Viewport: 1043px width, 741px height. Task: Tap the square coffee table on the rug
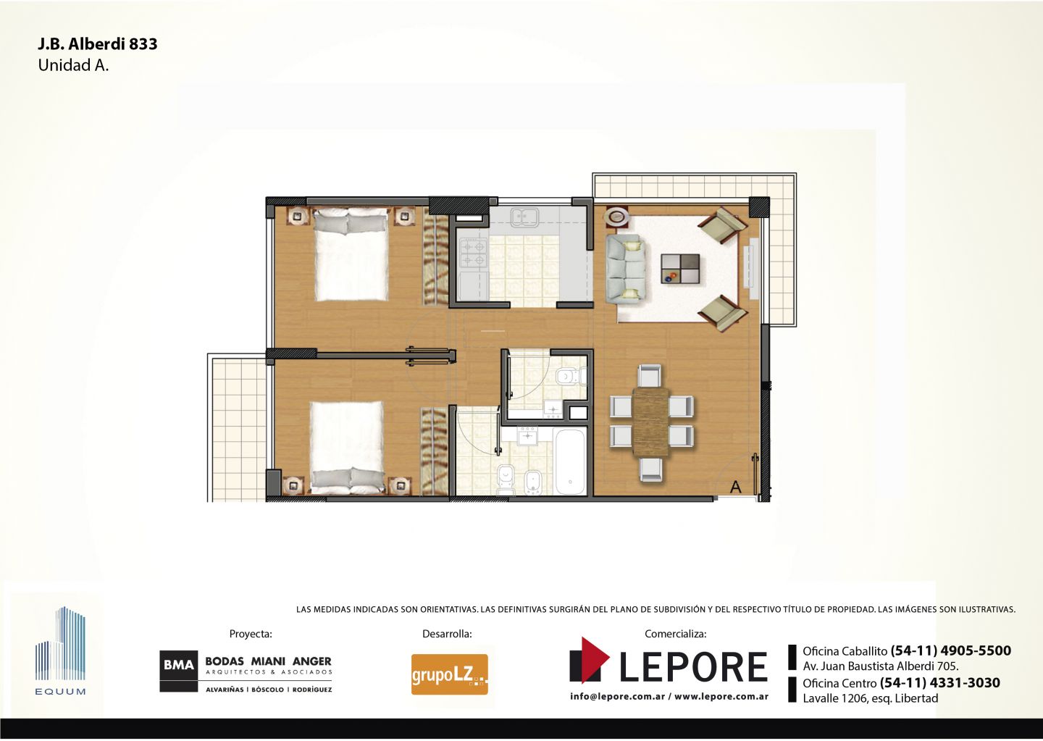(680, 269)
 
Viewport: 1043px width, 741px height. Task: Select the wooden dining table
(651, 422)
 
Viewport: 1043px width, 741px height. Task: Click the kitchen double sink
(524, 217)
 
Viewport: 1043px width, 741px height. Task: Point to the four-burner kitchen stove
(474, 253)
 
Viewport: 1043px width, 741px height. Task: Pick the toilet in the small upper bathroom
(571, 375)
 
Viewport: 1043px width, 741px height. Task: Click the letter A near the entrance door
(736, 487)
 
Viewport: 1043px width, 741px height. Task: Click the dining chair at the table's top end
(650, 375)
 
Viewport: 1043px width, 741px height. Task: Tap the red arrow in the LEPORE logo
(595, 658)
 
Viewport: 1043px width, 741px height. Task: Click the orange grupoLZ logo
(449, 674)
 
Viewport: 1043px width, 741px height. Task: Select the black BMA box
(179, 665)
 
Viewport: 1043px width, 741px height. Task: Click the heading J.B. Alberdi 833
(98, 43)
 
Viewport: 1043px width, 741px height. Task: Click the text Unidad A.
(74, 66)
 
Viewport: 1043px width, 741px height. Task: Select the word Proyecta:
(251, 634)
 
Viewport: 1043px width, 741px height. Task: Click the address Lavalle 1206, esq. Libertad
(871, 698)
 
